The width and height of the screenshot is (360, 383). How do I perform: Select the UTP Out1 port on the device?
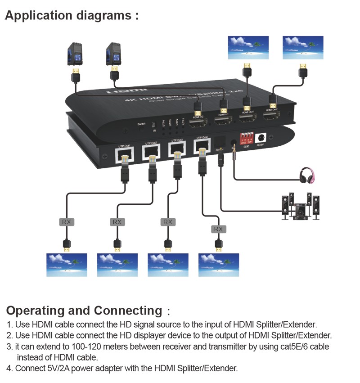pos(124,154)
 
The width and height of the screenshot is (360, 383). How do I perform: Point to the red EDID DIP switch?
pos(247,137)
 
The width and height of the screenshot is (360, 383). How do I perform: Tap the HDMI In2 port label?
pos(198,116)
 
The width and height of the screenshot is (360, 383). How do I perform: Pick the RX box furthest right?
pos(218,229)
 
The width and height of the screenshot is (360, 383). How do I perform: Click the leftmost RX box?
pos(66,222)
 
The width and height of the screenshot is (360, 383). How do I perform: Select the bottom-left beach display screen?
pos(67,265)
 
